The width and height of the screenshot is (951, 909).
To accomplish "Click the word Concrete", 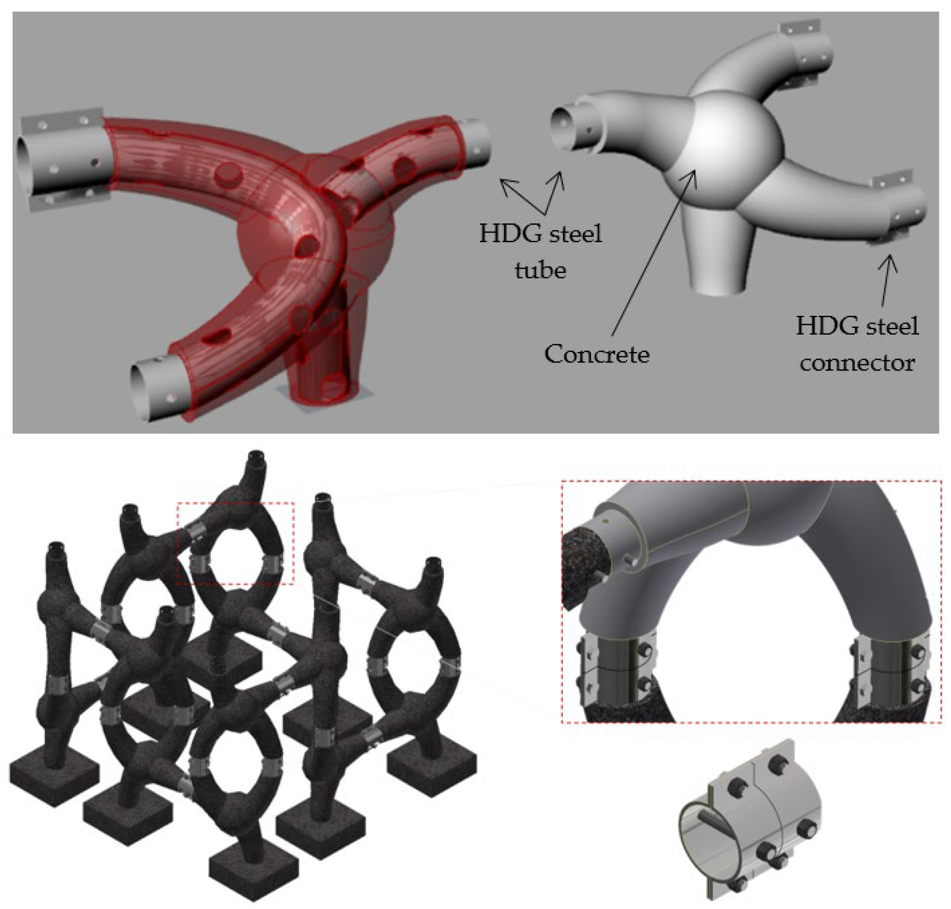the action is pos(597,354).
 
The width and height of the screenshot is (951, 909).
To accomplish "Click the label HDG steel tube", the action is pos(541,251).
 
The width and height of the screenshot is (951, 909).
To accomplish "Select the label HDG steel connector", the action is pos(857,344).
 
